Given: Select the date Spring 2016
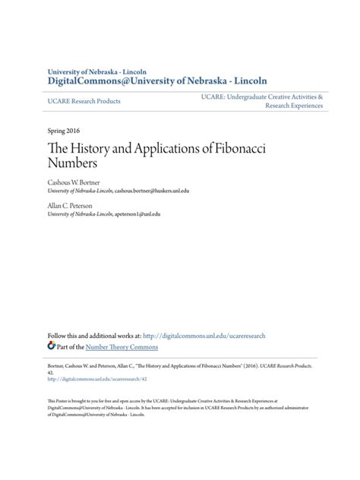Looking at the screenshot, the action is tap(65, 130).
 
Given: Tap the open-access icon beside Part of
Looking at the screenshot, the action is tap(51, 345).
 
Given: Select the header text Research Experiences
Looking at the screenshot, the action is tap(293, 106).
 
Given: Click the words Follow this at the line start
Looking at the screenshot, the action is tap(63, 334).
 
